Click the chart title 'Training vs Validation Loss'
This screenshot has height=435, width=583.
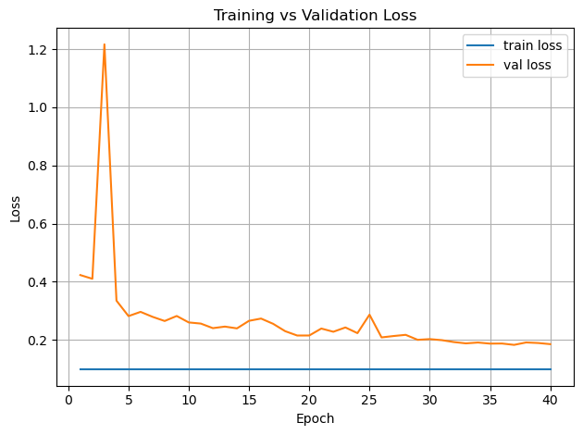[315, 15]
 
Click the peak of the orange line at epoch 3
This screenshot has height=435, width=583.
[104, 44]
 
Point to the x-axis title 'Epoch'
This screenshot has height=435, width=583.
[315, 418]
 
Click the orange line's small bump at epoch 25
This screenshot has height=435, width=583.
[369, 315]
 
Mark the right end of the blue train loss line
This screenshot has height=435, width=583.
[551, 369]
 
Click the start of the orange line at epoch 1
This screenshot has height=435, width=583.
[80, 275]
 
